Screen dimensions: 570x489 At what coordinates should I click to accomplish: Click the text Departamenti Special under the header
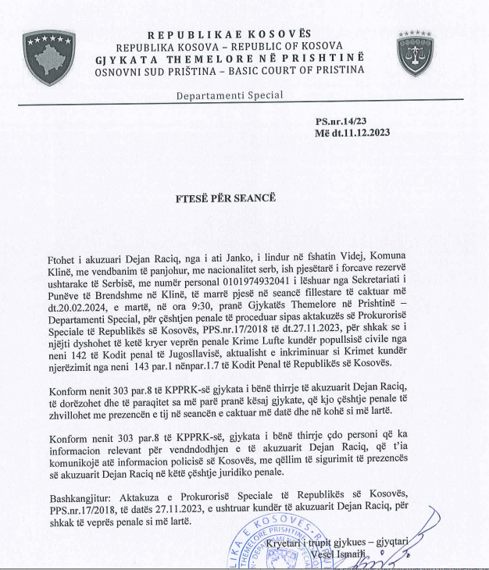(x=229, y=95)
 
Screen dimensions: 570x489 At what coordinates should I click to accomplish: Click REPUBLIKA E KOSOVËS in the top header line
(x=230, y=34)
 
